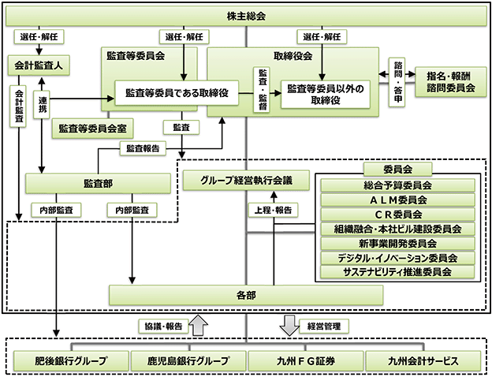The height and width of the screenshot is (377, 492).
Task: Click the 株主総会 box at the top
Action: (x=246, y=16)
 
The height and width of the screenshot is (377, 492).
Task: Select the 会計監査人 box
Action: (x=39, y=65)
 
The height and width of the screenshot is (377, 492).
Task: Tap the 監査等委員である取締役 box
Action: (x=177, y=93)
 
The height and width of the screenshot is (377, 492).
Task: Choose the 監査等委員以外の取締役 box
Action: (x=326, y=95)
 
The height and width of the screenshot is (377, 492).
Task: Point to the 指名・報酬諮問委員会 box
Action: (x=450, y=81)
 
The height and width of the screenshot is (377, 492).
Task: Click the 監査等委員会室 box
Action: (x=92, y=129)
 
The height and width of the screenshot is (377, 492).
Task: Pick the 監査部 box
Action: (x=98, y=184)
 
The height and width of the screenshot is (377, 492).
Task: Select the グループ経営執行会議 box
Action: (x=246, y=181)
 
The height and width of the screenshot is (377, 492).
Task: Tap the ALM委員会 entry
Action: (x=398, y=200)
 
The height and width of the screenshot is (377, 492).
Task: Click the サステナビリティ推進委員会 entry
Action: (x=398, y=272)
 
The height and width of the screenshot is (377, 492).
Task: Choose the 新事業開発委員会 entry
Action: (x=398, y=243)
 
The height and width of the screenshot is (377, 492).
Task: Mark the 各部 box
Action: (x=246, y=295)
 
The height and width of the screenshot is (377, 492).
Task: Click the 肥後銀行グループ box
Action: (x=71, y=361)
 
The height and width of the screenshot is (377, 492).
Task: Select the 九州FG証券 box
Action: (x=306, y=361)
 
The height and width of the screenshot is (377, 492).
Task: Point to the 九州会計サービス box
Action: (x=423, y=361)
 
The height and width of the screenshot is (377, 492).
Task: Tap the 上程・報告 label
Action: (x=273, y=210)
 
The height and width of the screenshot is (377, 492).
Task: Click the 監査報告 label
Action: (x=143, y=148)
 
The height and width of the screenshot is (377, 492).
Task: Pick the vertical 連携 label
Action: (x=42, y=105)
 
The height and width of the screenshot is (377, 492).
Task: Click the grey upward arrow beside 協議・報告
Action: (x=199, y=325)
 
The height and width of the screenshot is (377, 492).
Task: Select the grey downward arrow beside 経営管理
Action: (x=289, y=326)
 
